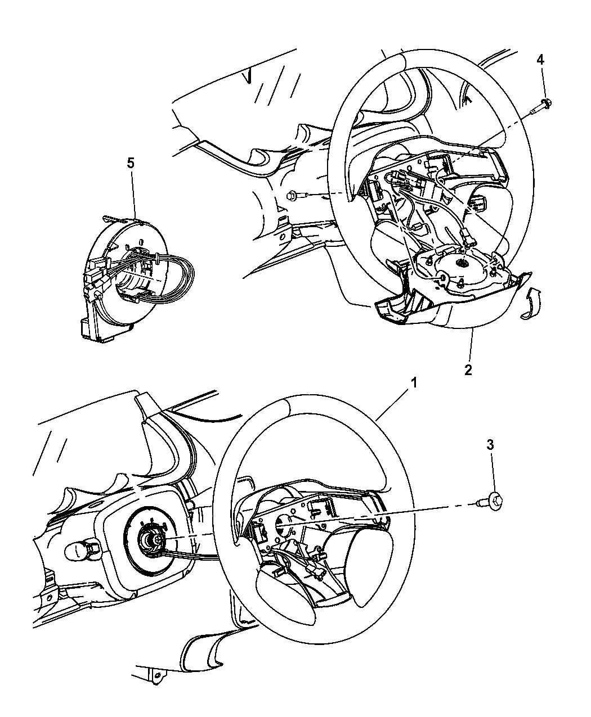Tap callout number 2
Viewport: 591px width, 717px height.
click(468, 370)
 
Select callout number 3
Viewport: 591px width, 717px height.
click(490, 445)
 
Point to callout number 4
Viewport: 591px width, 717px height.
click(540, 59)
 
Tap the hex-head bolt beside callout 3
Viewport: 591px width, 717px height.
click(493, 499)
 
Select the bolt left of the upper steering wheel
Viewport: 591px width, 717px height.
click(295, 196)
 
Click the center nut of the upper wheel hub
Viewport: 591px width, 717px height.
click(461, 264)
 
